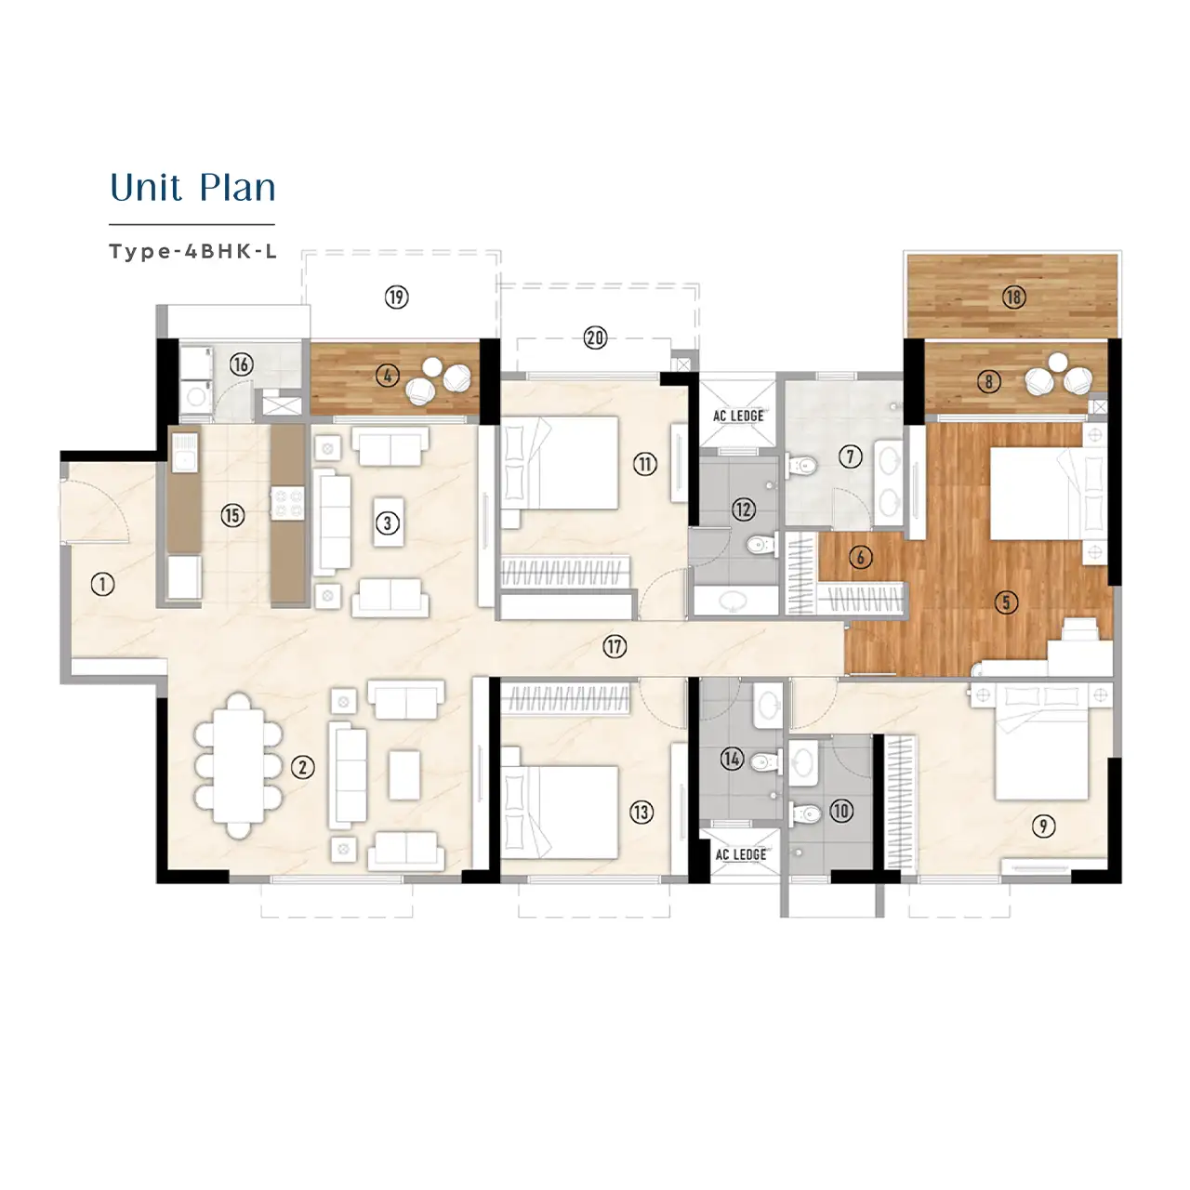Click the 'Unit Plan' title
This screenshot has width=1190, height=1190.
(x=192, y=188)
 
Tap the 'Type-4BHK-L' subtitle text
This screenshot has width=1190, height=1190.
(x=192, y=252)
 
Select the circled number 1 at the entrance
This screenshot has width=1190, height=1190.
(x=102, y=584)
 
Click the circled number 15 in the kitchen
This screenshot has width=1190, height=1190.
(x=232, y=515)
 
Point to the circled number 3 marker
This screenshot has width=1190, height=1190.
(x=389, y=523)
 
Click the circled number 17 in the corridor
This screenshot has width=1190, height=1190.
(x=615, y=647)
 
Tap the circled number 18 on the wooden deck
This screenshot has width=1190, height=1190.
(x=1013, y=297)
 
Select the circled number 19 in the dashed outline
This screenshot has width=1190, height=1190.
(x=397, y=297)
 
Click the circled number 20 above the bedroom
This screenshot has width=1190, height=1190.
(x=595, y=338)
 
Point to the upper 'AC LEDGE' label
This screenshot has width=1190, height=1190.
(x=738, y=416)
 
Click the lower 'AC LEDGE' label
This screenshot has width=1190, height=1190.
(x=741, y=854)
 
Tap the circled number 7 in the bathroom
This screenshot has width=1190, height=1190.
(x=850, y=456)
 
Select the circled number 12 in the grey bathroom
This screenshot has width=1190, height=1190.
(x=743, y=509)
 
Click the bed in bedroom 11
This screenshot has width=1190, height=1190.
(x=561, y=462)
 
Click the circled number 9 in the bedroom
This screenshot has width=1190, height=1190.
(x=1043, y=826)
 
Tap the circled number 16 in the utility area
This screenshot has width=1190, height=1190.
(x=241, y=364)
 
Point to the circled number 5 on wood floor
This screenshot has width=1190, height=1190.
(x=1005, y=602)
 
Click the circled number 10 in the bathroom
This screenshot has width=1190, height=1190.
(x=840, y=811)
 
